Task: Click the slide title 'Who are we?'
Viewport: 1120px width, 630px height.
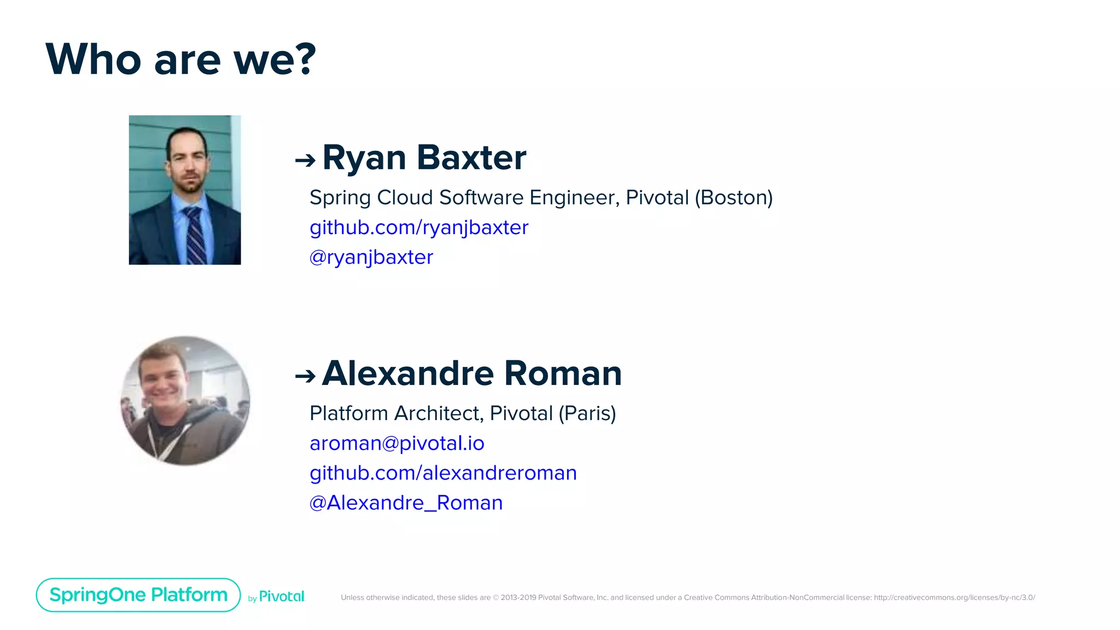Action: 180,59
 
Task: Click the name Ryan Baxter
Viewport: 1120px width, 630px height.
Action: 424,157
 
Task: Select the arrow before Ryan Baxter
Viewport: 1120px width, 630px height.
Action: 305,160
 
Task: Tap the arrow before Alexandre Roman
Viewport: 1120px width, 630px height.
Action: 305,376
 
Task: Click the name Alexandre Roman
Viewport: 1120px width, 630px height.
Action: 471,374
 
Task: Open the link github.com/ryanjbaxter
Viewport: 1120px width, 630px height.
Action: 419,227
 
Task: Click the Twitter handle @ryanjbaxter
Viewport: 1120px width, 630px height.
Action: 371,257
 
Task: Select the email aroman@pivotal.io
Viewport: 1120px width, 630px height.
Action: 397,443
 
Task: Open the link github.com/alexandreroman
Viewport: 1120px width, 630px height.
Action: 443,473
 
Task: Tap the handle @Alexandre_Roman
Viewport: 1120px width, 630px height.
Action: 406,503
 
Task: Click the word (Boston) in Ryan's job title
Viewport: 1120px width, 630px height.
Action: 733,197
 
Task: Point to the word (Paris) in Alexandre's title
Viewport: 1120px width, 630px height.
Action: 587,413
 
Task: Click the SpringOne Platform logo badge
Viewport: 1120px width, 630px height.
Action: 138,595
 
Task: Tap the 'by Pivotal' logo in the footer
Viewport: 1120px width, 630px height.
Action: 277,597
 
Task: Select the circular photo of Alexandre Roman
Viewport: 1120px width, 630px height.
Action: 185,401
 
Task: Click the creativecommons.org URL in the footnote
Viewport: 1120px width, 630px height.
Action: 954,598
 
